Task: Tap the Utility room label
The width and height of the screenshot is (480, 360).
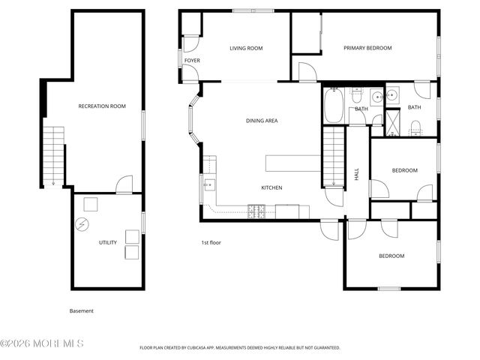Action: click(x=107, y=242)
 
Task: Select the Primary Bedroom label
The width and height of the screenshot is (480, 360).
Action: click(x=367, y=48)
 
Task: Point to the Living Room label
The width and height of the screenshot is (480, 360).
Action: click(x=246, y=48)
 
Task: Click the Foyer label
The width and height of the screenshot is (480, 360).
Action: click(x=192, y=60)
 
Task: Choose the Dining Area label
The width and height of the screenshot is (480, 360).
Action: click(x=262, y=120)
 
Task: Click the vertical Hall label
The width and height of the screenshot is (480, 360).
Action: click(x=356, y=174)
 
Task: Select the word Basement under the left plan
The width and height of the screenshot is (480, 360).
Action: click(x=81, y=310)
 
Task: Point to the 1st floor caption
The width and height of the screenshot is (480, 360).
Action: click(x=211, y=242)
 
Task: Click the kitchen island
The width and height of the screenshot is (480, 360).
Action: click(x=292, y=162)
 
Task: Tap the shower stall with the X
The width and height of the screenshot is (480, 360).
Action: click(x=391, y=122)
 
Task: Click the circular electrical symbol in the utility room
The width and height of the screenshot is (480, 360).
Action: click(x=82, y=223)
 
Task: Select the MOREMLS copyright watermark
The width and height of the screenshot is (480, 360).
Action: click(x=42, y=343)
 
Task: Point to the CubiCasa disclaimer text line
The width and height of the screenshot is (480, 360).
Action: click(x=240, y=348)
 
